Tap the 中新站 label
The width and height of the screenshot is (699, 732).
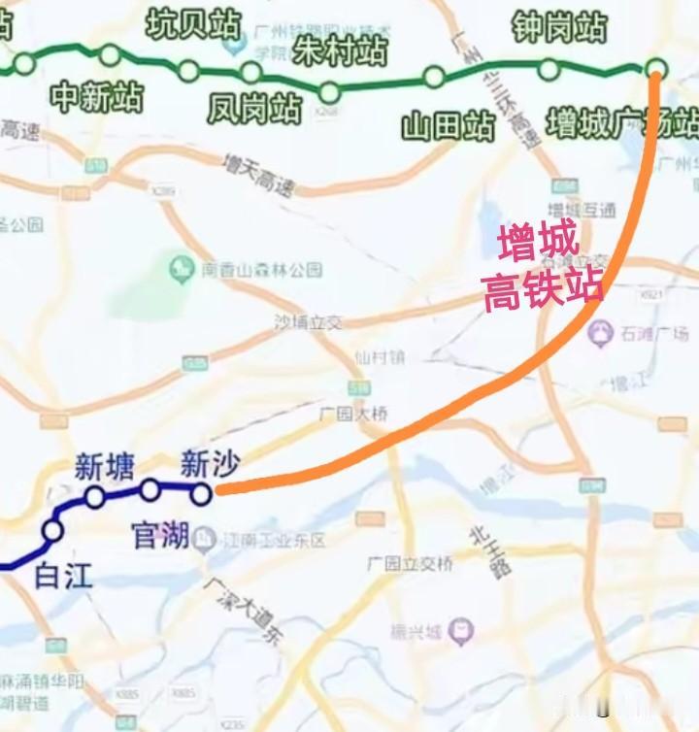pos(97,97)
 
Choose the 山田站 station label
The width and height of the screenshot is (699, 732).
pos(449,125)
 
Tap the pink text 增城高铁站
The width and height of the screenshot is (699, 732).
pos(542,265)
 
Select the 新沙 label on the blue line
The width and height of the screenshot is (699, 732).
pos(210,464)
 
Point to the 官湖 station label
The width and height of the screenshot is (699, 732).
pos(160,535)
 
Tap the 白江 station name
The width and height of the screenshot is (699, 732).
pos(63,576)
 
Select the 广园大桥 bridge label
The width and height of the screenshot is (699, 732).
pos(353,415)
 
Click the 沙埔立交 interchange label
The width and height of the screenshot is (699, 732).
pos(309,322)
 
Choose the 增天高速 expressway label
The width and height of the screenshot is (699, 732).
pos(256,175)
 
